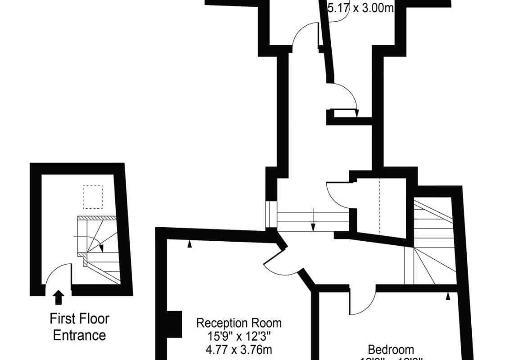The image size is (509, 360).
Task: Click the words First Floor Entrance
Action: pos(79,327)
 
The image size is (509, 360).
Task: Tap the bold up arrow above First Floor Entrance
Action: pos(59,297)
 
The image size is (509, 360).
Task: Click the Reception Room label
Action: pos(239,323)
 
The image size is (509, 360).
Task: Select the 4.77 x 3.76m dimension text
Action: pos(239,349)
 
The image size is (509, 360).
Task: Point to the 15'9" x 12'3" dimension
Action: pos(239,336)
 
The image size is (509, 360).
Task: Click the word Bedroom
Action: pos(391,349)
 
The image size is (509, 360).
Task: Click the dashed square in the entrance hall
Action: pos(92,197)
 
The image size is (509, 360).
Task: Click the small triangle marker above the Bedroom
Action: pos(448,296)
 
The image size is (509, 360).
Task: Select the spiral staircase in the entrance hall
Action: pos(97,247)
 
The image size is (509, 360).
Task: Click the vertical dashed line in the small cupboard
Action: pos(380,205)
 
